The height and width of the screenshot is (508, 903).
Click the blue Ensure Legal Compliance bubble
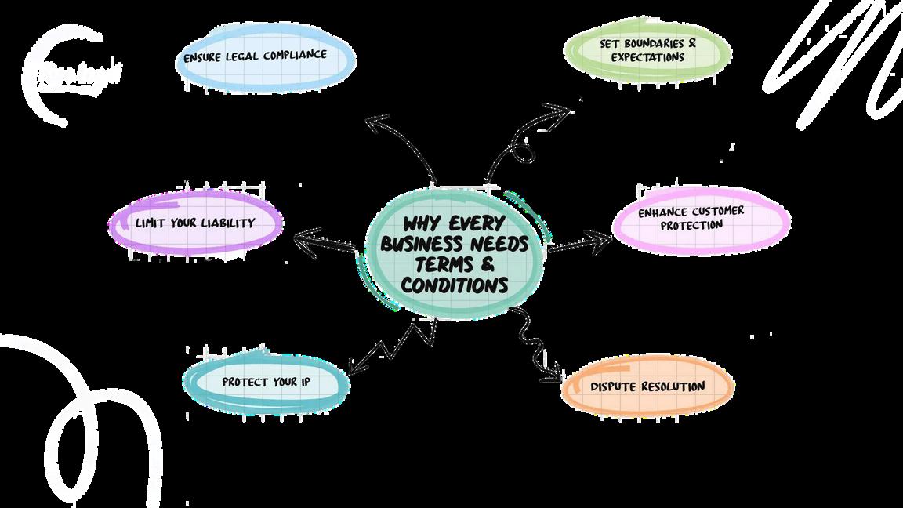pyautogui.click(x=266, y=57)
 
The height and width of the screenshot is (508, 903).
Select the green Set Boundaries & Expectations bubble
pyautogui.click(x=647, y=51)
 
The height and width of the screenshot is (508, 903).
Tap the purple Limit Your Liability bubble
pyautogui.click(x=195, y=223)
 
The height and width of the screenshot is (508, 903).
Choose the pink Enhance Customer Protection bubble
pyautogui.click(x=701, y=219)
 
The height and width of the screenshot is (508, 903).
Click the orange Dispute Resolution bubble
pyautogui.click(x=647, y=386)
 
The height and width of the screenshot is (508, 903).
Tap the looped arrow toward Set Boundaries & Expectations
pyautogui.click(x=525, y=141)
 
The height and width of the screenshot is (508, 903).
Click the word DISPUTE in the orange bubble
pyautogui.click(x=615, y=386)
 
